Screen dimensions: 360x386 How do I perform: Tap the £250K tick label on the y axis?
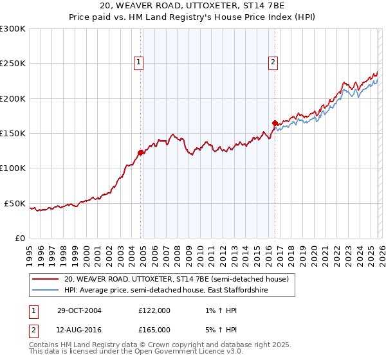(x=13, y=64)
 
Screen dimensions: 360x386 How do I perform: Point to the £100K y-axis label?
(x=13, y=168)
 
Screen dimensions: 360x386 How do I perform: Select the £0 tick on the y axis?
(x=19, y=238)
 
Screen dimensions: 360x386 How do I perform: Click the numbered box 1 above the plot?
(x=139, y=62)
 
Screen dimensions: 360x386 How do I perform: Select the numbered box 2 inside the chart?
(x=273, y=62)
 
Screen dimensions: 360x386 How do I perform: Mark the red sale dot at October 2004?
(x=140, y=152)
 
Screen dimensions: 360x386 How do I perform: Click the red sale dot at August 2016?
(x=275, y=122)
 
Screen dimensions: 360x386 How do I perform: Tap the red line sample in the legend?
(x=45, y=280)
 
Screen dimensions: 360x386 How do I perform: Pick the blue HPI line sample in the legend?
(x=45, y=291)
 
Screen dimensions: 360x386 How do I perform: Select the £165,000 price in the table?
(x=154, y=330)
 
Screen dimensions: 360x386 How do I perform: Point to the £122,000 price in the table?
(x=154, y=310)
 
